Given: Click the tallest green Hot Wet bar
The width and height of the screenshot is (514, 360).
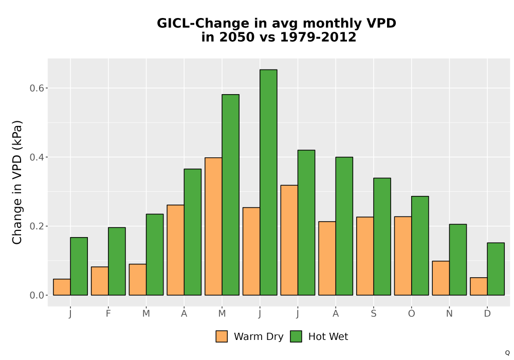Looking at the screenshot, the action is [268, 182].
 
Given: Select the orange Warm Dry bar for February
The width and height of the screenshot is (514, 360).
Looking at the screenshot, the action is [100, 281].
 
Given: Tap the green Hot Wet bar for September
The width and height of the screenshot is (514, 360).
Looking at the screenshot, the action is [382, 237].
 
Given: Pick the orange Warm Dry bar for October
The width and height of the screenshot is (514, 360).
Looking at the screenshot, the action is [403, 256].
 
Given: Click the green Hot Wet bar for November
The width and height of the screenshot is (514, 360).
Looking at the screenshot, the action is [458, 260].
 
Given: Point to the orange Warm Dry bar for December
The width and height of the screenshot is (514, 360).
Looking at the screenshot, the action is [479, 286].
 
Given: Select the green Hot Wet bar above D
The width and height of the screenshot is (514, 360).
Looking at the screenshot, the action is [495, 269].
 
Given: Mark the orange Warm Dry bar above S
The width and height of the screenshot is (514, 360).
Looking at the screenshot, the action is [365, 256].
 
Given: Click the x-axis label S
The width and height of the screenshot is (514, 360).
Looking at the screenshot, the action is [373, 314].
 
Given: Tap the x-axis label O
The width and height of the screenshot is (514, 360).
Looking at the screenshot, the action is [411, 314].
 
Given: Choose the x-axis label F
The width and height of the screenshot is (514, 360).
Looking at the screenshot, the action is [108, 314].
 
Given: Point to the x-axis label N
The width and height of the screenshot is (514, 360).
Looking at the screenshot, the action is [449, 314].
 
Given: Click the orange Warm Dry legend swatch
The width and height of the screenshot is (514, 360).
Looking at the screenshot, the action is [222, 336].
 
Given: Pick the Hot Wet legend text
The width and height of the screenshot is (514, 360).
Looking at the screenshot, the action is [328, 336].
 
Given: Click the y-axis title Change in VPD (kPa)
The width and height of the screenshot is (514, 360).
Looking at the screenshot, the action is [17, 182].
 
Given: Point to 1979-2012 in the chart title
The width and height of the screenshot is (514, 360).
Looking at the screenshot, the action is [318, 37].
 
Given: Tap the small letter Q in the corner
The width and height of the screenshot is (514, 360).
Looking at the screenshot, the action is [507, 353].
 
